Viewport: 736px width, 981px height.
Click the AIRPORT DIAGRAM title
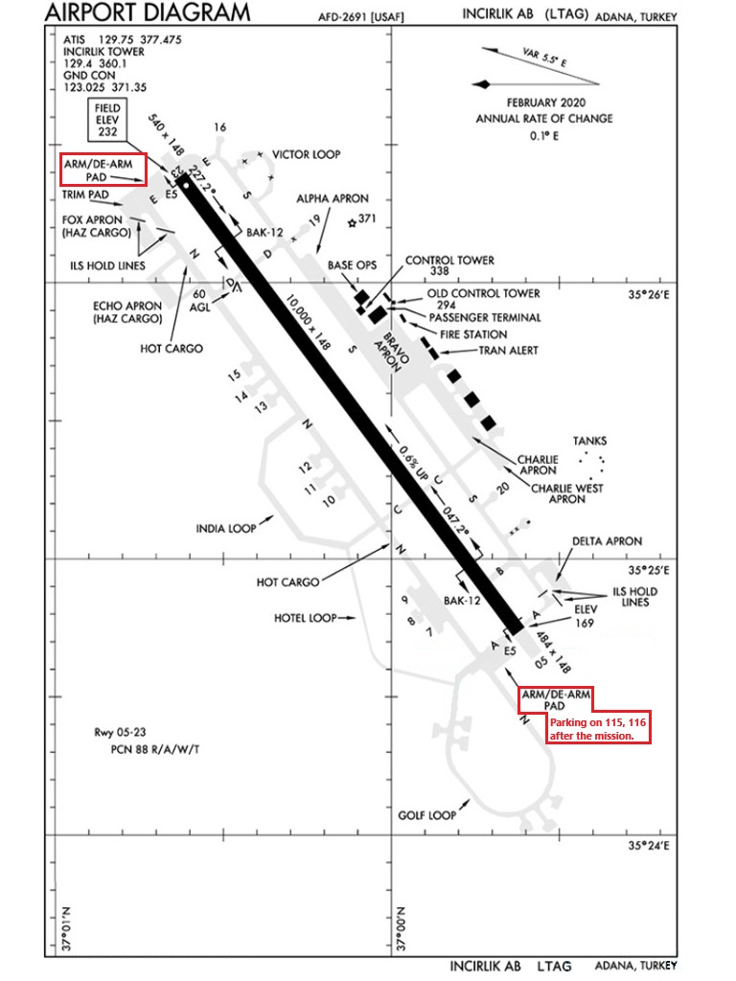click(148, 13)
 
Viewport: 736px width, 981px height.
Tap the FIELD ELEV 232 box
click(107, 121)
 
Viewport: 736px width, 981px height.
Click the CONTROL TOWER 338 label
click(449, 265)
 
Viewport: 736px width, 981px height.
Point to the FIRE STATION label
click(473, 334)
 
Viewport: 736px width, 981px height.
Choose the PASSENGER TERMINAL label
click(484, 317)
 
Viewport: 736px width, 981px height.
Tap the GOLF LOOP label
click(426, 815)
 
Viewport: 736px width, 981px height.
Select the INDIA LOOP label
click(226, 528)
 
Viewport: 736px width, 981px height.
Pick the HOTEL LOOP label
click(306, 618)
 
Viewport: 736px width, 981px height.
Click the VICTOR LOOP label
click(306, 154)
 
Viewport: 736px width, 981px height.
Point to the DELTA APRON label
click(607, 541)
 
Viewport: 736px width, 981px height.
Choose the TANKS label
click(589, 442)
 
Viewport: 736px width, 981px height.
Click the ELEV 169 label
click(585, 616)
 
